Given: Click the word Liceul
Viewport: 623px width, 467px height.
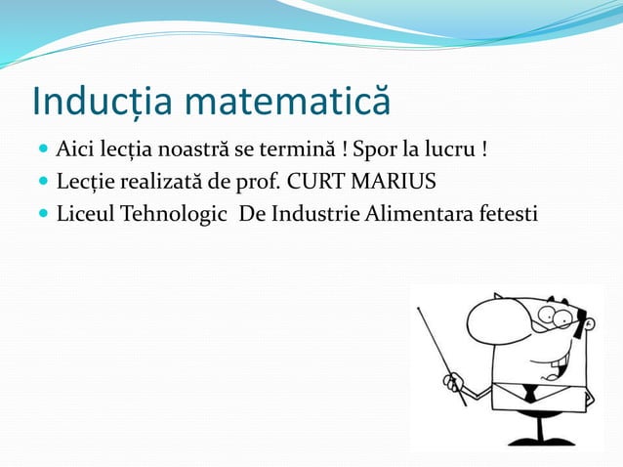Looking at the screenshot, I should point(85,213).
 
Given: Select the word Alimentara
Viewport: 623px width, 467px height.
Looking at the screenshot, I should point(423,213).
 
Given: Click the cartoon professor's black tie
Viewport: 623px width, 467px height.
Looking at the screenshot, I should point(529,394).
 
